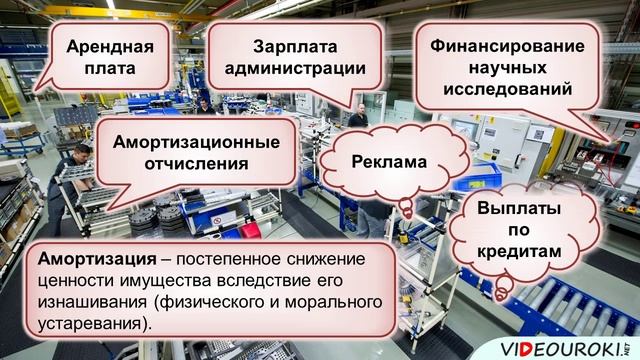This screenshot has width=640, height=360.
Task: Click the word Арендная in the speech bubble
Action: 110,48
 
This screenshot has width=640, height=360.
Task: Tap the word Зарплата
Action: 295,47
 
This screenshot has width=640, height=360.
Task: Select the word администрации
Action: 295,69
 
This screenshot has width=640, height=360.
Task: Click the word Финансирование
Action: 506,46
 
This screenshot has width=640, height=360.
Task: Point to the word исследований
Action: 506,90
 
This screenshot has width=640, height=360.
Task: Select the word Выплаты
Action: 517,210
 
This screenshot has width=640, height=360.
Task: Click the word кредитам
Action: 516,253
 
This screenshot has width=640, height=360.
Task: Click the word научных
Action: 506,68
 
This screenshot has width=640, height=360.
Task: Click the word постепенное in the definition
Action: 229,259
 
